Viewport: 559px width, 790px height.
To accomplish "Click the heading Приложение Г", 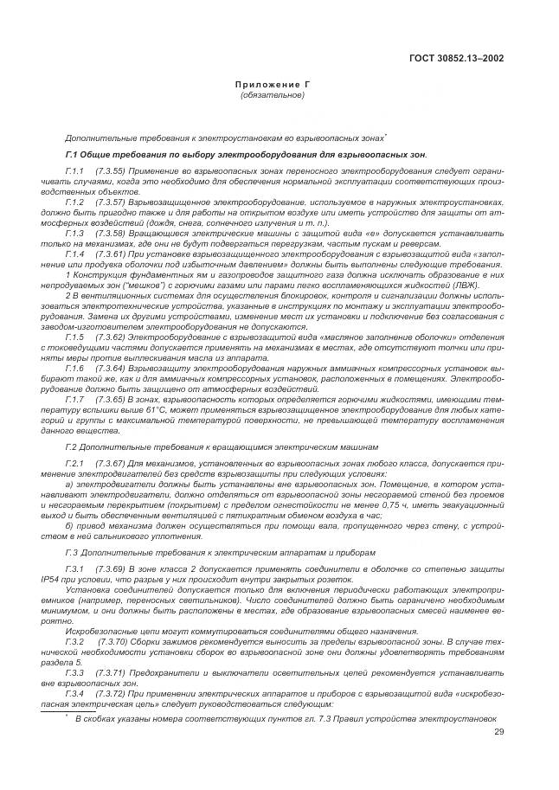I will click(273, 86).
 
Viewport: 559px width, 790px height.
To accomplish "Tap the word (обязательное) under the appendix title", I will click(273, 94).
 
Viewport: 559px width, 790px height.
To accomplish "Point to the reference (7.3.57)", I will click(112, 201).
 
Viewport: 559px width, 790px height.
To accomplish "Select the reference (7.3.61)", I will click(112, 254).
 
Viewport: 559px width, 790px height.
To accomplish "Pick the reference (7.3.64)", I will click(112, 367).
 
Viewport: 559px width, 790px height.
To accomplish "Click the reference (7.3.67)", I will click(112, 465).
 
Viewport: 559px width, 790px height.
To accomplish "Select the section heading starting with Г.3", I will click(222, 553).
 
